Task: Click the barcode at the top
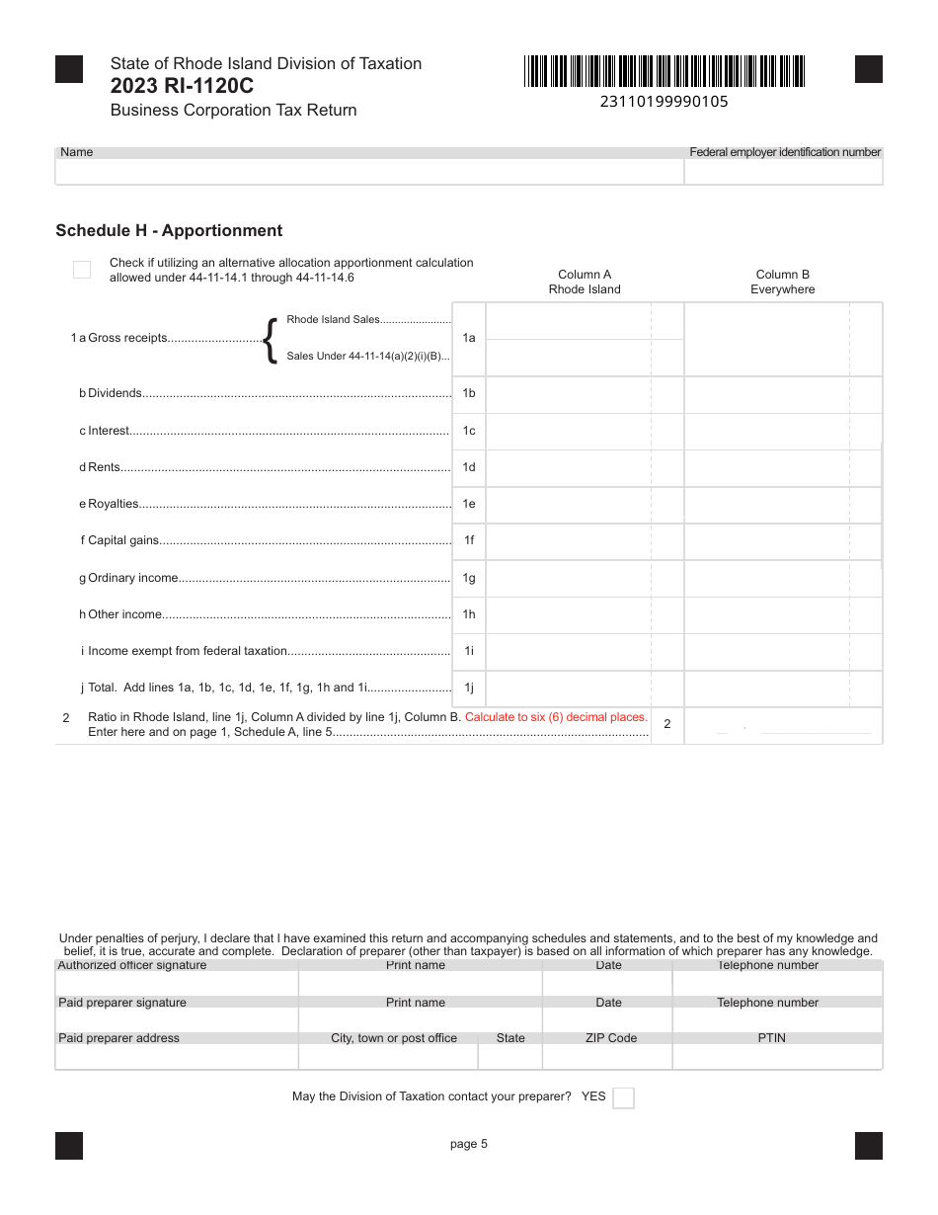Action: [x=664, y=71]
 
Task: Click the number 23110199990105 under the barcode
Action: [x=664, y=101]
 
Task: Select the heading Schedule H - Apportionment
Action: [x=169, y=231]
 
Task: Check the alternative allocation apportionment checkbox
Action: [x=82, y=270]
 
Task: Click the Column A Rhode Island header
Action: [x=585, y=282]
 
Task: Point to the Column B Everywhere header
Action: [x=782, y=282]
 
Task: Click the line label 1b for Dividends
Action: [x=469, y=393]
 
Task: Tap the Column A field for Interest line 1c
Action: [x=568, y=431]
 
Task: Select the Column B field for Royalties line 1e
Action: [x=766, y=504]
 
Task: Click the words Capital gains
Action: [x=123, y=540]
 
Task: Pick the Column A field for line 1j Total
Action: [x=568, y=688]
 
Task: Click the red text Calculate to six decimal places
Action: [x=556, y=717]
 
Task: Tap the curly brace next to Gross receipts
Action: [x=270, y=339]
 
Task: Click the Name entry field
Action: [x=369, y=172]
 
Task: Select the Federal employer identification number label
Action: [x=785, y=152]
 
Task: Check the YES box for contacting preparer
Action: [x=623, y=1097]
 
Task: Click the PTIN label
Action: [x=772, y=1038]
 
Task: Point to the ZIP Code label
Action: [x=609, y=1038]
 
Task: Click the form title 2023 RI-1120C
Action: [x=182, y=86]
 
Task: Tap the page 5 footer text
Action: [x=468, y=1144]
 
